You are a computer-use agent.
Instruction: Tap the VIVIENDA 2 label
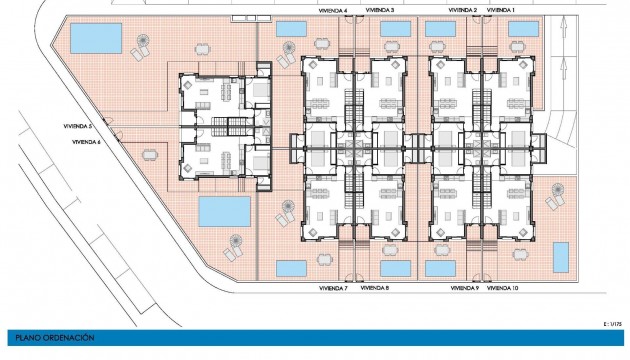462,10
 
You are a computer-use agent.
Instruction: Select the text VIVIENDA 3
379,10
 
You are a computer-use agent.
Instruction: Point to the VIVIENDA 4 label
333,10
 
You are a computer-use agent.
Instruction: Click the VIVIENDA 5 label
76,127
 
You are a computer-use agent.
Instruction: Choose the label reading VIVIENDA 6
86,142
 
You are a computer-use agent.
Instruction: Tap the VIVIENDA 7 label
332,288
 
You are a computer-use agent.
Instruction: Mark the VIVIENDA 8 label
375,288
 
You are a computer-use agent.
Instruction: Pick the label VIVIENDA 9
464,288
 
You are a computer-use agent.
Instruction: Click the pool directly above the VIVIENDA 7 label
291,268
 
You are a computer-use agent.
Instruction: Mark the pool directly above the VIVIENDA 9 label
440,268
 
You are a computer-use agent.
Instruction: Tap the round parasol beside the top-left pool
143,45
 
